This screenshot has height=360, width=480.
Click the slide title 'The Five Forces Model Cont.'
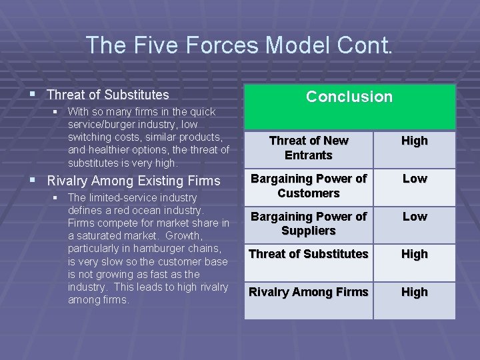tap(240, 45)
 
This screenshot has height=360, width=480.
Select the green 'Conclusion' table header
tap(349, 97)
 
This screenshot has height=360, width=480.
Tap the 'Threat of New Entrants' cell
tap(308, 148)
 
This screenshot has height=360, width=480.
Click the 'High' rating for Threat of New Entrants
tap(414, 141)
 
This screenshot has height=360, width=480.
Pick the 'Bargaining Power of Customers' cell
tap(308, 186)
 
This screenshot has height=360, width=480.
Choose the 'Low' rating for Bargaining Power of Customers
tap(414, 179)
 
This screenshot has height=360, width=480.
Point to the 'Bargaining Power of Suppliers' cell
tap(308, 224)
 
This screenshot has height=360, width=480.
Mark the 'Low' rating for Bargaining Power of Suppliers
tap(414, 217)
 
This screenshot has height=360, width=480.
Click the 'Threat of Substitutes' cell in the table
tap(308, 254)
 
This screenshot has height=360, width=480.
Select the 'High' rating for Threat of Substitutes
tap(414, 254)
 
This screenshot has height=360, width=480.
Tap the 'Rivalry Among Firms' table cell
tap(308, 292)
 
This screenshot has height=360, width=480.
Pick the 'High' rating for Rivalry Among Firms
tap(414, 292)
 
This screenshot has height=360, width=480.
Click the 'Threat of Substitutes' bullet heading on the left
tap(108, 95)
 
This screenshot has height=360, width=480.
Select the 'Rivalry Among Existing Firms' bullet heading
tap(133, 181)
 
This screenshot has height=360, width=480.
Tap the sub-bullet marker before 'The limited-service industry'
tap(59, 198)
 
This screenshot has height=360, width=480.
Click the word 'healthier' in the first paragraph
tap(111, 150)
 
